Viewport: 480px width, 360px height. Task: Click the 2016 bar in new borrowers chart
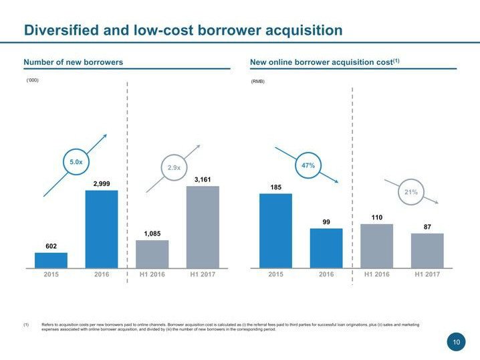click(x=102, y=229)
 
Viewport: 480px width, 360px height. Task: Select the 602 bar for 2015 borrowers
click(x=51, y=260)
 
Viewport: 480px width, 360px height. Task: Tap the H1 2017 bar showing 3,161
click(x=203, y=227)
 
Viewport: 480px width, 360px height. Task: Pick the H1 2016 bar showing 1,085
click(x=152, y=254)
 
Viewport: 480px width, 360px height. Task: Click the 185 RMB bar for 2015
click(x=275, y=230)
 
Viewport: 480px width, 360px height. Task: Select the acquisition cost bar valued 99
click(x=326, y=248)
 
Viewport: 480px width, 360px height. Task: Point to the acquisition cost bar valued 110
click(x=376, y=246)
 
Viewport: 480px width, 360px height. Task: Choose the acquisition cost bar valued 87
click(x=427, y=250)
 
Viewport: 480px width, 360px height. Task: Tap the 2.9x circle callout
click(x=173, y=168)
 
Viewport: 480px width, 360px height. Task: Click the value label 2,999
click(x=102, y=183)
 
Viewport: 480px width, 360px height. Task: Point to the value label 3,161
click(x=203, y=179)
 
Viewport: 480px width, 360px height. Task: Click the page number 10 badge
click(x=457, y=343)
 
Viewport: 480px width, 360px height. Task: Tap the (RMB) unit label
click(x=257, y=82)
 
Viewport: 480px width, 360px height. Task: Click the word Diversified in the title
click(x=62, y=30)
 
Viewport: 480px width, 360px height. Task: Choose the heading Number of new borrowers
click(x=74, y=62)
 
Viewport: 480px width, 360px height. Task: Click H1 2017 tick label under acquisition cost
click(x=427, y=274)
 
